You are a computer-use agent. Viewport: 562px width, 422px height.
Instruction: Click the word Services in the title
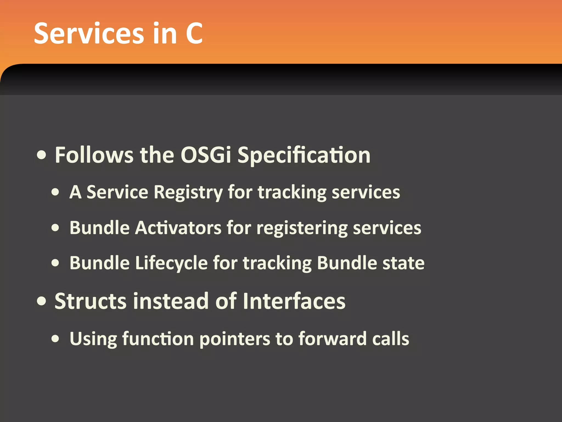tap(89, 34)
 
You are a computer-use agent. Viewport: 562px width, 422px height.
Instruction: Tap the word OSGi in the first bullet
tap(206, 155)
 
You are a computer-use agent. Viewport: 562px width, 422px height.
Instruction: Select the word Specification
tap(304, 156)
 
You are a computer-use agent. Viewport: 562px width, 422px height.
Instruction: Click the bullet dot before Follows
tap(42, 156)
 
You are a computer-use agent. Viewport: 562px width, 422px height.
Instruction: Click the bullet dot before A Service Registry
tap(55, 192)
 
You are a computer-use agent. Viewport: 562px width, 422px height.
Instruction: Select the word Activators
tap(178, 228)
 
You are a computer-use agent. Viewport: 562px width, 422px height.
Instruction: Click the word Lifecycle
tap(172, 263)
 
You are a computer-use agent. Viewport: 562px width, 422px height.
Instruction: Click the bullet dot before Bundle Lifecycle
tap(55, 263)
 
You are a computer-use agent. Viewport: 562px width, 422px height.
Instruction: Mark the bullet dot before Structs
tap(42, 301)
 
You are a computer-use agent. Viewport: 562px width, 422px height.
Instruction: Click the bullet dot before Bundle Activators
tap(55, 228)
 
